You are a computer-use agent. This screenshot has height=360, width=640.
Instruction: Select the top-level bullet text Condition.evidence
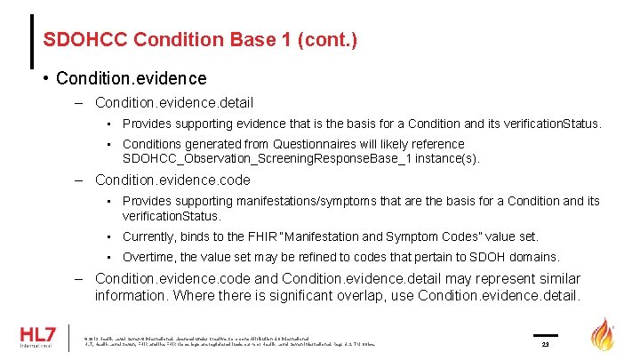click(131, 79)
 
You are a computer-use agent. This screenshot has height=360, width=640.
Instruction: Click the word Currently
click(150, 236)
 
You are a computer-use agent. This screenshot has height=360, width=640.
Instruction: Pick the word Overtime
click(148, 257)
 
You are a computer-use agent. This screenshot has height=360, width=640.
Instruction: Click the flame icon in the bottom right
click(605, 337)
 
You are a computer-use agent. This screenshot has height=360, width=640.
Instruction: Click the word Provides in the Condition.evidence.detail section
click(148, 124)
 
